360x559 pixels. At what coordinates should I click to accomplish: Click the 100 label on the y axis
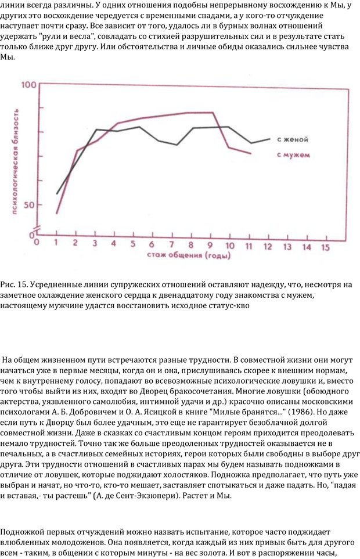click(28, 85)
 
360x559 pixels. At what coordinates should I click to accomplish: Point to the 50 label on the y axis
click(30, 205)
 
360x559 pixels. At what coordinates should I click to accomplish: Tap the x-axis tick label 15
click(325, 247)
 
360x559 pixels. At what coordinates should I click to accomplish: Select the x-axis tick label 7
click(172, 244)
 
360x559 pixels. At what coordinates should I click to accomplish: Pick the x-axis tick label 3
click(95, 243)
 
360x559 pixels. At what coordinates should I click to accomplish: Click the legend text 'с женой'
click(292, 139)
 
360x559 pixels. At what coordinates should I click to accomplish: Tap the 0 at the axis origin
click(36, 241)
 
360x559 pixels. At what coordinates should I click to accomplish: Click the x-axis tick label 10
click(230, 245)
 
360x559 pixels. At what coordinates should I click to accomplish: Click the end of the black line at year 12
click(270, 139)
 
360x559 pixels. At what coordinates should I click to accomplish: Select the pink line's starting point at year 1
click(56, 213)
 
